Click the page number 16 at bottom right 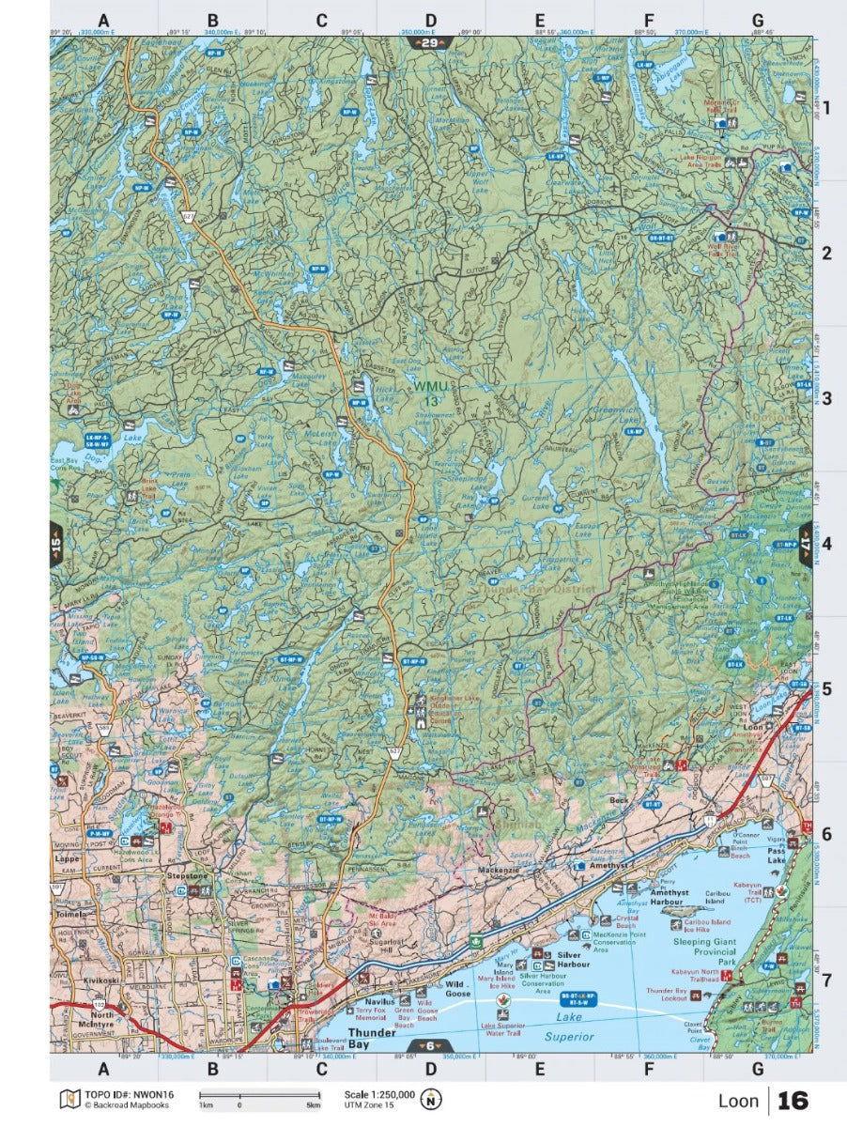(793, 1100)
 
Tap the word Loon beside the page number (738, 1100)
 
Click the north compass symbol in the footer (432, 1099)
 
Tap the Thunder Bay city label (346, 1038)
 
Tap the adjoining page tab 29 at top (430, 43)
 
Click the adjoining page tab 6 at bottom (430, 1047)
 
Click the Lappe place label (66, 857)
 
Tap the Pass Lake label (776, 855)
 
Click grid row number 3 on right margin (828, 398)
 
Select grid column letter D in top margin (430, 20)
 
